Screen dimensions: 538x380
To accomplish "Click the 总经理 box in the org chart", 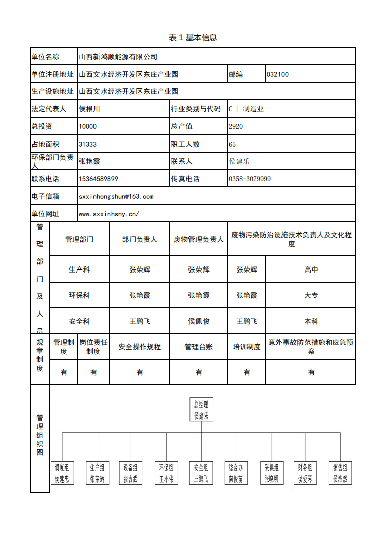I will pyautogui.click(x=201, y=409).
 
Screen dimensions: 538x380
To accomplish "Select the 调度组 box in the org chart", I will pyautogui.click(x=62, y=473).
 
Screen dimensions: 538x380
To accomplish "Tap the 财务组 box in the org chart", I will pyautogui.click(x=306, y=473).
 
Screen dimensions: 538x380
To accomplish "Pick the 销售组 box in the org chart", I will pyautogui.click(x=340, y=473).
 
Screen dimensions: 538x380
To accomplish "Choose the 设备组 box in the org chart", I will pyautogui.click(x=131, y=473).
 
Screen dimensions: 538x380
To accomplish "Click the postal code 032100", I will pyautogui.click(x=278, y=74).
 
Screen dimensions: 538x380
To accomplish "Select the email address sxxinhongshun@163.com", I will pyautogui.click(x=116, y=196).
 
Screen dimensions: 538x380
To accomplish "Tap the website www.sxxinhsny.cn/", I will pyautogui.click(x=109, y=214).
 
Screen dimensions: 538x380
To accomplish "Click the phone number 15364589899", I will pyautogui.click(x=99, y=179).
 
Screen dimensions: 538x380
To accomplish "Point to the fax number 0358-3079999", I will pyautogui.click(x=250, y=179).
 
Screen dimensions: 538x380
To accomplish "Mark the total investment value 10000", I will pyautogui.click(x=88, y=126).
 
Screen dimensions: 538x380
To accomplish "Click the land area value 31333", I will pyautogui.click(x=88, y=144).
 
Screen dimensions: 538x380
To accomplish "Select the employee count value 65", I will pyautogui.click(x=232, y=144).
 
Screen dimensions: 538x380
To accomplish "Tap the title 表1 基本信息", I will pyautogui.click(x=193, y=38).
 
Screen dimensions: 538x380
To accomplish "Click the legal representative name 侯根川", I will pyautogui.click(x=90, y=109).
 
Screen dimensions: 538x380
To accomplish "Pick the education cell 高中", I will pyautogui.click(x=311, y=270).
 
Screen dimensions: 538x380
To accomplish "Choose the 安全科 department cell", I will pyautogui.click(x=79, y=321).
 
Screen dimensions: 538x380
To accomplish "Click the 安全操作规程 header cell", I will pyautogui.click(x=140, y=347).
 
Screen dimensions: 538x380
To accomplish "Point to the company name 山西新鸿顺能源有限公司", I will pyautogui.click(x=118, y=57).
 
